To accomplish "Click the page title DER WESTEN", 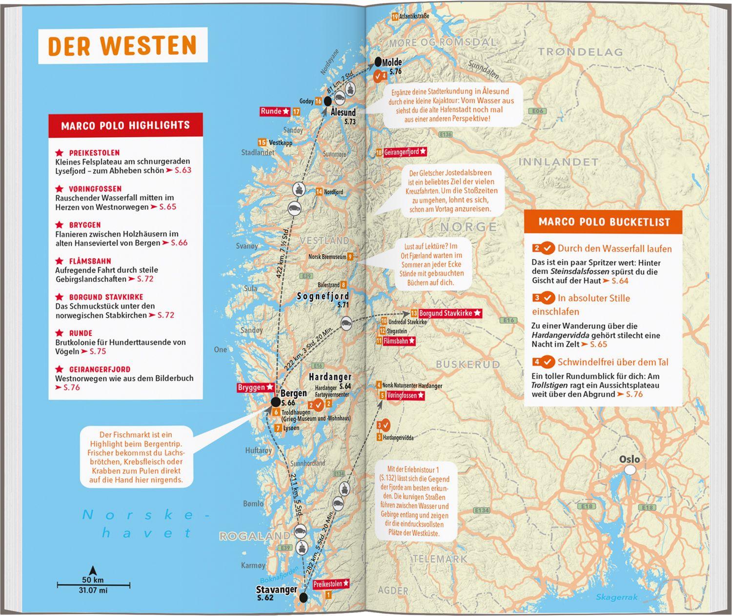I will coord(122,45).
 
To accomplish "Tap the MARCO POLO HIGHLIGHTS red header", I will coord(125,125).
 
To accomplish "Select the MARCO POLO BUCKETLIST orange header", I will coord(604,222).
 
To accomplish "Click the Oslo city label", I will coord(629,459).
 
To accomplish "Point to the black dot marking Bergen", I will coord(275,402).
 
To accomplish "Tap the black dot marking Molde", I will coord(378,62).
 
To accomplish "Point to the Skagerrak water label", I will coord(616,597).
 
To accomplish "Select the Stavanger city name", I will coord(277,589).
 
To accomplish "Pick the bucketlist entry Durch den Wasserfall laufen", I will coord(614,248).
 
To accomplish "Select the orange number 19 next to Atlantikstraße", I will coord(394,17).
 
